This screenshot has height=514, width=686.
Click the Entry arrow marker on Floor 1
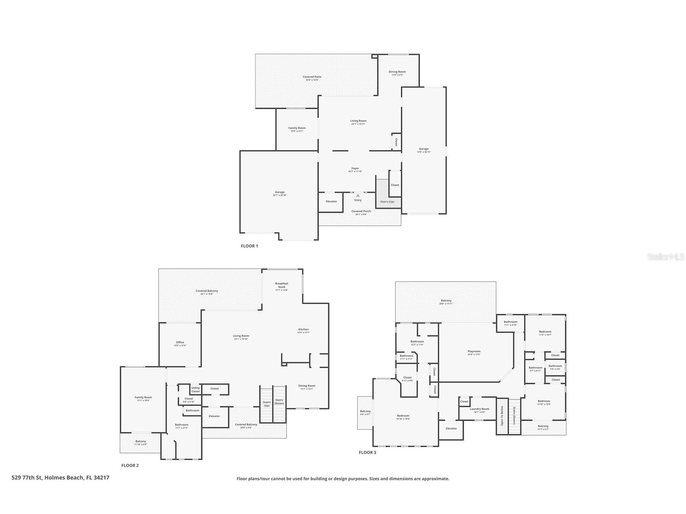click(358, 196)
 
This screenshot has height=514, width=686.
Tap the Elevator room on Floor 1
click(331, 202)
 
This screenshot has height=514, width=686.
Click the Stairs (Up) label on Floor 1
click(387, 202)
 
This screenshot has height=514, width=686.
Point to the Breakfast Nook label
click(282, 286)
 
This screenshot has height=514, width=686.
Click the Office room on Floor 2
click(180, 343)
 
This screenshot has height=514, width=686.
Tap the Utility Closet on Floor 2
click(196, 390)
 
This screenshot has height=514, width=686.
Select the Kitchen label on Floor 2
click(303, 330)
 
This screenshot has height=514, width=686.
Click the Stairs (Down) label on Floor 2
click(279, 401)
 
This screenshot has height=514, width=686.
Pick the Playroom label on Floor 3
click(474, 352)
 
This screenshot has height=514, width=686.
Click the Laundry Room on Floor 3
click(479, 410)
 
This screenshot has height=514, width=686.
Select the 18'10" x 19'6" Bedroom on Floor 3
click(403, 417)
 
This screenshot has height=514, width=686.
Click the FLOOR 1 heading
click(249, 246)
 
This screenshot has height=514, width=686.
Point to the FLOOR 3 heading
click(367, 453)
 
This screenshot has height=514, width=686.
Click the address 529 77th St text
click(60, 478)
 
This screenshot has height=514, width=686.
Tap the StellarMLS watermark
click(666, 257)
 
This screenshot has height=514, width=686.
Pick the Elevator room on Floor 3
click(451, 429)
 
